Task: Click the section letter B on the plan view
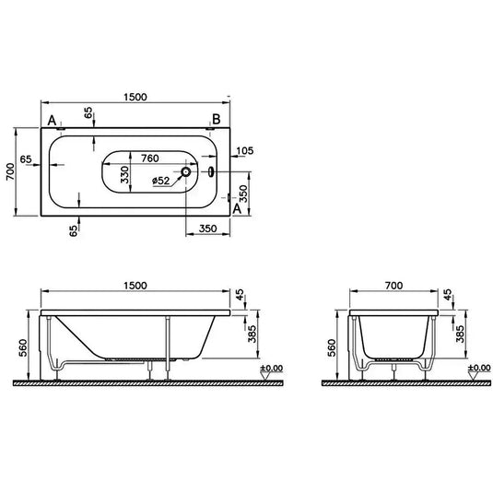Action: [x=216, y=119]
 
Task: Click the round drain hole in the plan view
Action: [x=186, y=171]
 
